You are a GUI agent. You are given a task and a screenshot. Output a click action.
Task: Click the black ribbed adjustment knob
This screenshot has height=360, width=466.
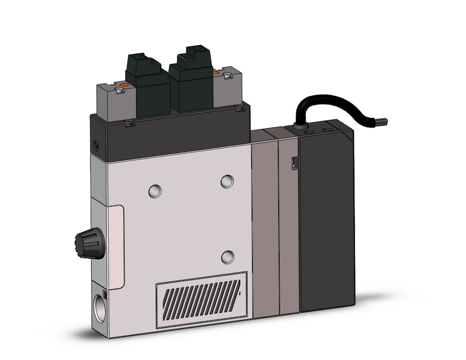pos(85,241)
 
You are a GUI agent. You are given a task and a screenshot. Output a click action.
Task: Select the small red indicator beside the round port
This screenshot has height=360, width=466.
pos(105,294)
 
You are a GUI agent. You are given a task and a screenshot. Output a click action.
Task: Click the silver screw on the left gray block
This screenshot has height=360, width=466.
pos(119,91)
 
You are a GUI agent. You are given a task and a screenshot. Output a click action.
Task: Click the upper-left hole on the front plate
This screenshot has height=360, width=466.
pos(154,191)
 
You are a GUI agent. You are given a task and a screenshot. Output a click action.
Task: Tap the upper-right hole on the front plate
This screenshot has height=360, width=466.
pos(227,181)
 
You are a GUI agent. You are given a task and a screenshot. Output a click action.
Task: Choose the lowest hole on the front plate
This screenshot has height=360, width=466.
pos(227,257)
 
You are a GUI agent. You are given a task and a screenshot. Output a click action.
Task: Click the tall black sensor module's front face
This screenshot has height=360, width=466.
pos(327,221)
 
